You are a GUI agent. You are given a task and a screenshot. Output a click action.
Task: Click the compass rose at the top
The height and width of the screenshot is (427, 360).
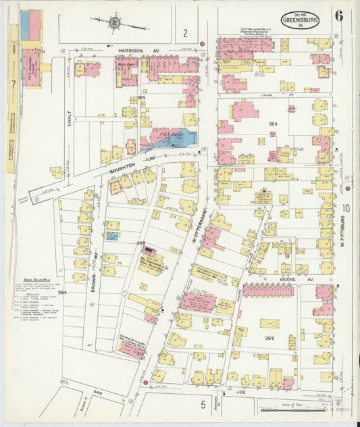tap(115, 22)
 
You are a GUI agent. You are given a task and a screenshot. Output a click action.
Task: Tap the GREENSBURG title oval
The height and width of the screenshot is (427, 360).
tap(301, 20)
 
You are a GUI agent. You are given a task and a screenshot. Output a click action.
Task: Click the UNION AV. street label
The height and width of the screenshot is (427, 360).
tap(266, 95)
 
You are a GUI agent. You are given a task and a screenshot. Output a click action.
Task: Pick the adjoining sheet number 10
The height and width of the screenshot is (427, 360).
tap(345, 208)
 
